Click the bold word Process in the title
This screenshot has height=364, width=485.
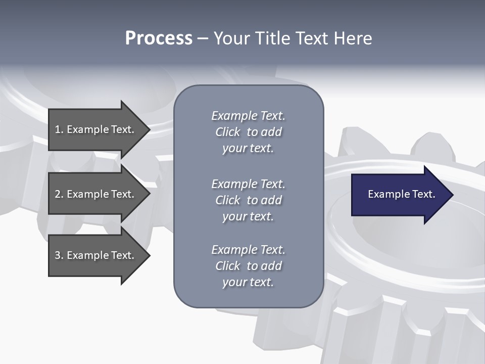pos(159,38)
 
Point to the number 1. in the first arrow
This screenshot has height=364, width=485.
pos(59,129)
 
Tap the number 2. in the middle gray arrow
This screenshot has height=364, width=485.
pos(59,194)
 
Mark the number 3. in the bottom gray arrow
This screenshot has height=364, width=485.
pos(59,255)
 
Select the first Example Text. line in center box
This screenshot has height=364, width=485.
pos(248,116)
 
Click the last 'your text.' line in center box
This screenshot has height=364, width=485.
pos(248,282)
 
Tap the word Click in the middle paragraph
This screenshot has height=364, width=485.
pos(227,200)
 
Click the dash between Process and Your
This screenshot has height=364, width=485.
pos(203,38)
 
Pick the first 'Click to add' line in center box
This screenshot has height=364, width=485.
pos(248,132)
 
